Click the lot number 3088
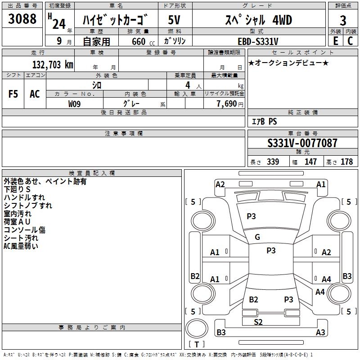pos(22,19)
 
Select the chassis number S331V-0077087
pos(302,144)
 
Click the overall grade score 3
pos(343,20)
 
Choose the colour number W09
pos(75,103)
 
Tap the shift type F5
pos(13,94)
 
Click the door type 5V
pos(175,20)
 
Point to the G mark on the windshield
pos(257,237)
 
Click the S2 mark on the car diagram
pos(258,322)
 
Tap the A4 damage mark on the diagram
pos(326,279)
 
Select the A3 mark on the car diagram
pos(320,333)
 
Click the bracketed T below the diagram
pos(197,344)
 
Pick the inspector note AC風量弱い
pos(21,246)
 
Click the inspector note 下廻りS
pos(17,189)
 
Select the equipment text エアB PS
pos(264,121)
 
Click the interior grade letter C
pos(350,41)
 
